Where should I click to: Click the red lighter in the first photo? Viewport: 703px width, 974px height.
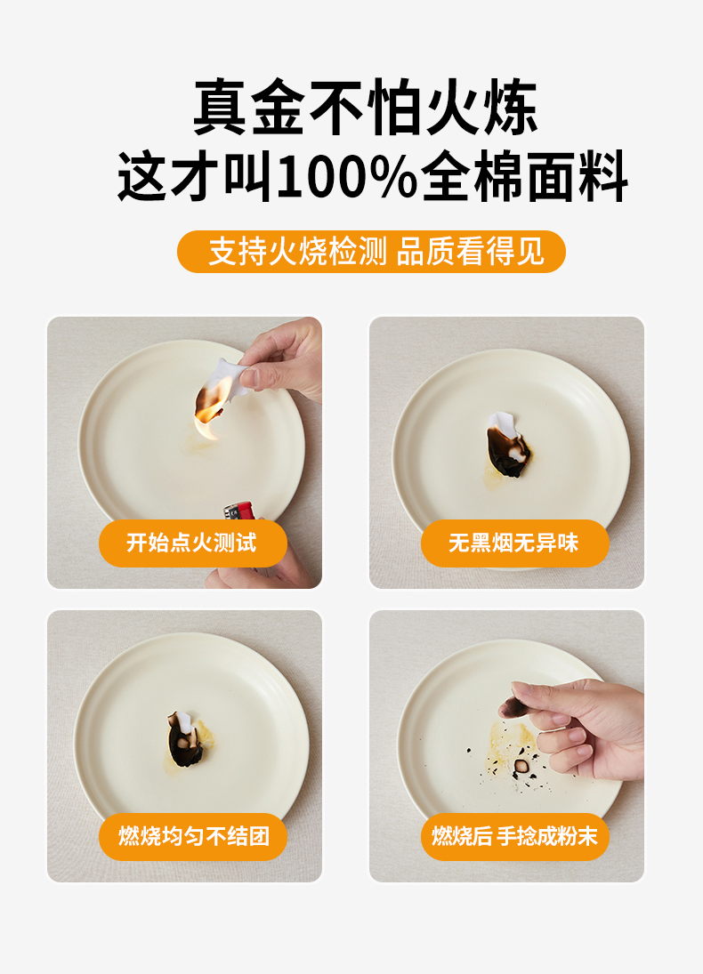[239, 511]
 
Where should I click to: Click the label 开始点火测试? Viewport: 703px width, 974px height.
[192, 543]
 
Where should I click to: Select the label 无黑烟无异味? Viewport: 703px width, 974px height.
[514, 543]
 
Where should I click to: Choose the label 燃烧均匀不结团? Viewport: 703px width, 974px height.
[193, 836]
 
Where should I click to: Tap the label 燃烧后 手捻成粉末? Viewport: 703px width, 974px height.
[514, 836]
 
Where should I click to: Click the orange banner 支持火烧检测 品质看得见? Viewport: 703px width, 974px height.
[371, 252]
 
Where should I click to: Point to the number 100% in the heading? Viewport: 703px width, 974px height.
[346, 177]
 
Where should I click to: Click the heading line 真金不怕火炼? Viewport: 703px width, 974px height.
[366, 107]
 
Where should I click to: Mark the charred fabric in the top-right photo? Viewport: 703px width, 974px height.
[506, 445]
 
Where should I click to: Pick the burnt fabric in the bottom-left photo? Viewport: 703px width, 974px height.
[183, 739]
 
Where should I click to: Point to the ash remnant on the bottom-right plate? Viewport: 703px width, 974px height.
[521, 766]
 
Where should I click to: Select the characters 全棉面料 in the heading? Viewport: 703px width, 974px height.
[524, 177]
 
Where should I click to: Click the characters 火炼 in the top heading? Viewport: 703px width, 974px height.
[481, 107]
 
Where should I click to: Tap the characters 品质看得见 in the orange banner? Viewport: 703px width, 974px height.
[470, 252]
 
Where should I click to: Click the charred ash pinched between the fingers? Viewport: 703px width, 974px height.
[513, 705]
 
